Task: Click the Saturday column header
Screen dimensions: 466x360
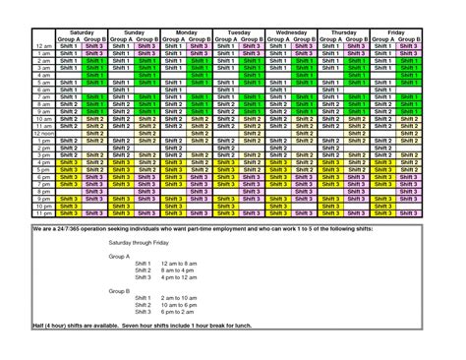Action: click(81, 31)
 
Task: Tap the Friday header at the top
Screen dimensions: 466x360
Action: click(397, 31)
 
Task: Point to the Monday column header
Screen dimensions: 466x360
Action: click(185, 31)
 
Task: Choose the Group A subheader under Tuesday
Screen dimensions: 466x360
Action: click(226, 38)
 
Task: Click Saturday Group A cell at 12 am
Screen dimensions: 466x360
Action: click(69, 46)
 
